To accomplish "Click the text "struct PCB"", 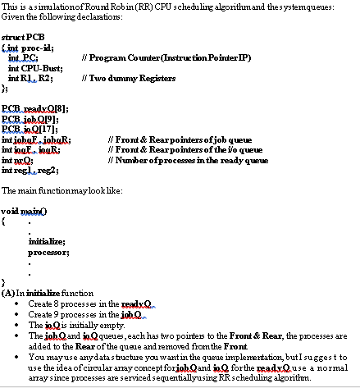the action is (x=21, y=39).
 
